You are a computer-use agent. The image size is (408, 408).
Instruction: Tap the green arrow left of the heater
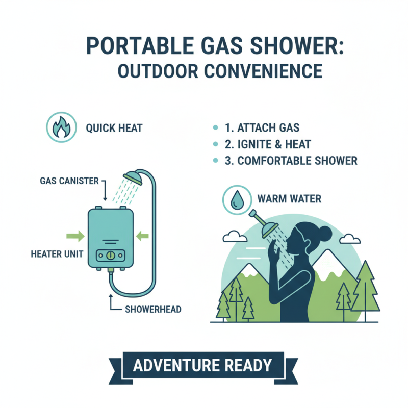click(74, 236)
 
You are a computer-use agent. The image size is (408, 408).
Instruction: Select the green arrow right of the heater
click(142, 236)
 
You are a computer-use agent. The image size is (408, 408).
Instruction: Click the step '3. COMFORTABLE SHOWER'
click(291, 161)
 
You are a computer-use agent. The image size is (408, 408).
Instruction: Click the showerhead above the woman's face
click(267, 230)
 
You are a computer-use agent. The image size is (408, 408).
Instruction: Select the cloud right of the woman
click(350, 238)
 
